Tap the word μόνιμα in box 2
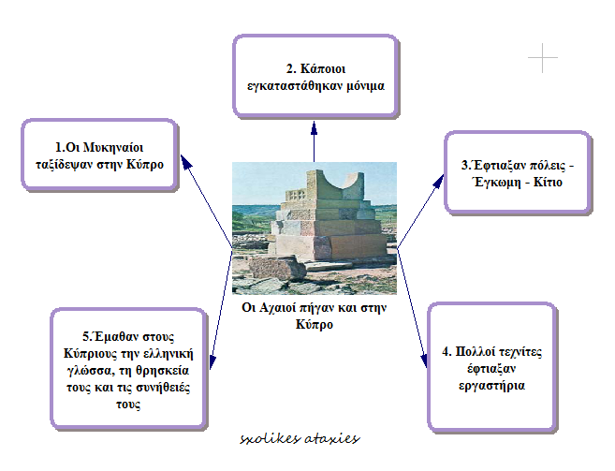(365, 86)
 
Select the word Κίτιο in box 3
(548, 182)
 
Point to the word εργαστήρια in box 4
(491, 386)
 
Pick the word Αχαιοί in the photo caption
(277, 307)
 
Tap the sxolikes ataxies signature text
(300, 438)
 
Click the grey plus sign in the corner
(542, 58)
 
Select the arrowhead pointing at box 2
(314, 128)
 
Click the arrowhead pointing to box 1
(186, 161)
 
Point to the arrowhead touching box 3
(439, 181)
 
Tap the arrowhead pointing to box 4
(424, 361)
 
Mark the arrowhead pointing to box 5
(212, 361)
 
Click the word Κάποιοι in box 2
(323, 69)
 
